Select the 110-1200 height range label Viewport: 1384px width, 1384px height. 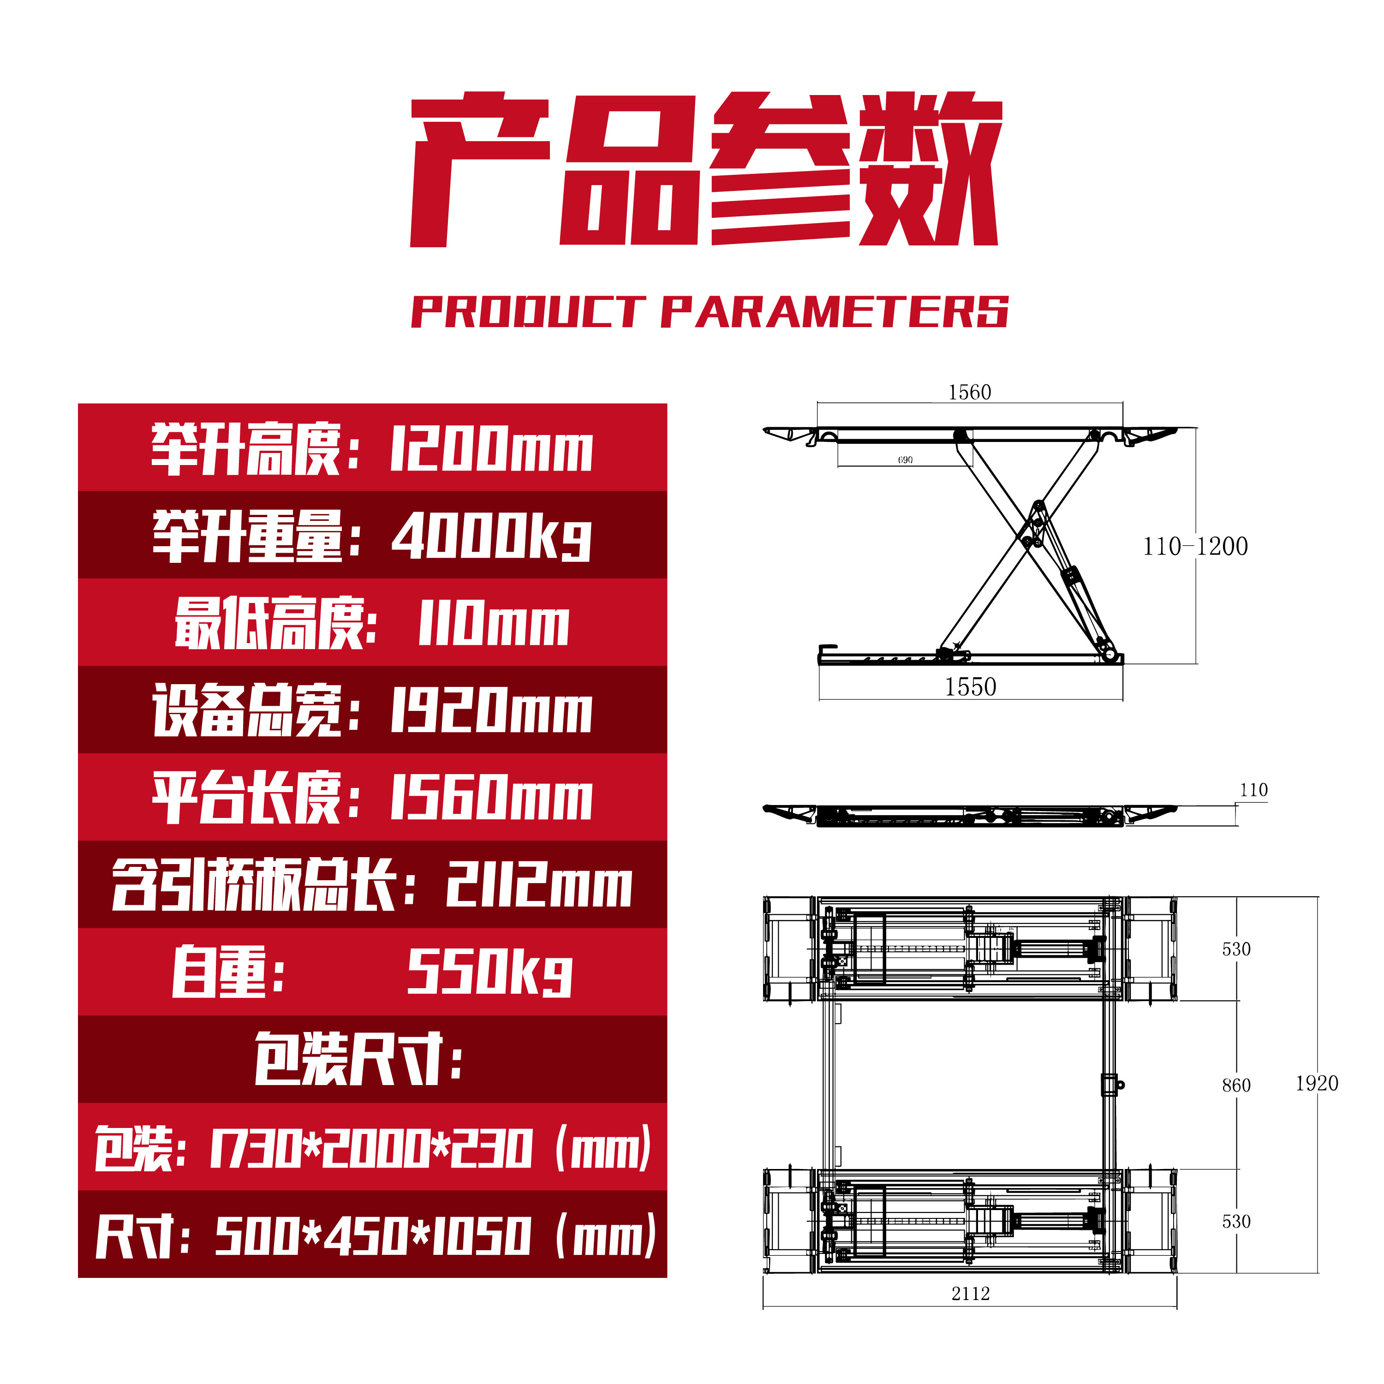pyautogui.click(x=1194, y=547)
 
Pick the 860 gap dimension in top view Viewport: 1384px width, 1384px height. pyautogui.click(x=1236, y=1085)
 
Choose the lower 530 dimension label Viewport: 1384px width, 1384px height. pyautogui.click(x=1236, y=1222)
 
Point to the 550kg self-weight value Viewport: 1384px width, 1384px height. pyautogui.click(x=490, y=972)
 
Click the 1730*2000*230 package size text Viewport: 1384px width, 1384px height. pyautogui.click(x=371, y=1148)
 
